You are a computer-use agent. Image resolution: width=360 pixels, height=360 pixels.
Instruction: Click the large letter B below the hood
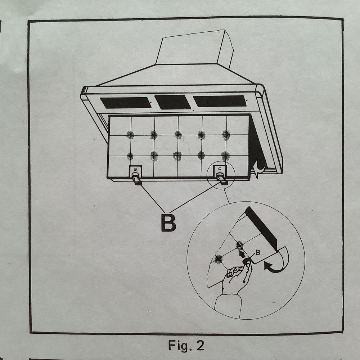[x=168, y=223]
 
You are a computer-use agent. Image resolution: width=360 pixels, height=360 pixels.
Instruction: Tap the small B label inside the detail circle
[x=258, y=253]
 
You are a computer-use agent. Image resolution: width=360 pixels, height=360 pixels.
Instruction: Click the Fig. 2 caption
[x=186, y=345]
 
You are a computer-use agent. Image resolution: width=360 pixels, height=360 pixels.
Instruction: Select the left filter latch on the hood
[x=136, y=175]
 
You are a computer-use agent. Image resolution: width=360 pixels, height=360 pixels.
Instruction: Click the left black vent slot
[x=126, y=103]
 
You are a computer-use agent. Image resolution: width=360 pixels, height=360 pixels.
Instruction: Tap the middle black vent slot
[x=173, y=102]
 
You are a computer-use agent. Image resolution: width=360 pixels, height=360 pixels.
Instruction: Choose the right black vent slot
[x=220, y=101]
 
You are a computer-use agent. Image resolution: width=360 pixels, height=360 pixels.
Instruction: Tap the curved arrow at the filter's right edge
[x=260, y=170]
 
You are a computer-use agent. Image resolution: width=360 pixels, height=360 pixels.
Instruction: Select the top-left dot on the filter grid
[x=130, y=135]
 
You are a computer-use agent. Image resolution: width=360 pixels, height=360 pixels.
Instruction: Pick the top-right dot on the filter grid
[x=226, y=135]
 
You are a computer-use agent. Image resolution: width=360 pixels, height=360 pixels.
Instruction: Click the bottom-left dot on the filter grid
[x=130, y=156]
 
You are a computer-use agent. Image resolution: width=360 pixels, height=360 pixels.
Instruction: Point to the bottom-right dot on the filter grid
[x=225, y=156]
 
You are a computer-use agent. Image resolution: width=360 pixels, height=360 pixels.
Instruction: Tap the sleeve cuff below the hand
[x=228, y=306]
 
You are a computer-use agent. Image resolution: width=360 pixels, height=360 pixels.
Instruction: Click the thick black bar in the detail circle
[x=262, y=229]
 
